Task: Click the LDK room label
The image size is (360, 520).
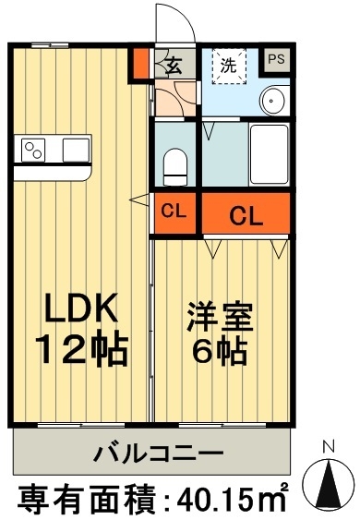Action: [81, 308]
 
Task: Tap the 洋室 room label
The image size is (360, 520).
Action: [220, 317]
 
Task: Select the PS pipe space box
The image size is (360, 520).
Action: [277, 60]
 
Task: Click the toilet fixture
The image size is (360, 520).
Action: [175, 167]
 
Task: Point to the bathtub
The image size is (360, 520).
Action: [269, 154]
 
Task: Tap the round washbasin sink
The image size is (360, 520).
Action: [272, 101]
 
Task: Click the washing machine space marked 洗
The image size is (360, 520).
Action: [229, 67]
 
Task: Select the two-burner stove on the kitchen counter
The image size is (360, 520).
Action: [33, 150]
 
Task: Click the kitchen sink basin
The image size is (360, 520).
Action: [76, 150]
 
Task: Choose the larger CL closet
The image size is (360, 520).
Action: [246, 213]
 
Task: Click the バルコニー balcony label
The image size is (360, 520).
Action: [158, 453]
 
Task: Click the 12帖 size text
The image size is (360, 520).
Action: [81, 350]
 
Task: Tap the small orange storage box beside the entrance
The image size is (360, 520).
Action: [141, 63]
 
